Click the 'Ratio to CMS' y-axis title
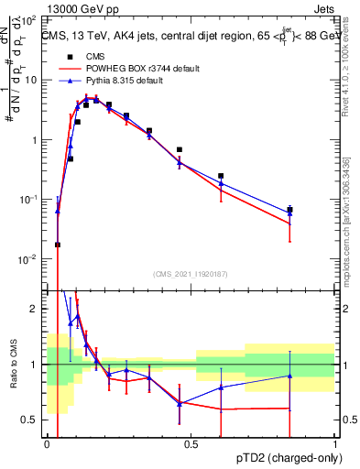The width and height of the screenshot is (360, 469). click(14, 365)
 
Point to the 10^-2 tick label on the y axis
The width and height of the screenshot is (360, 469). click(31, 259)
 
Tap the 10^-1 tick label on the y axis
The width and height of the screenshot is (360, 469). click(31, 200)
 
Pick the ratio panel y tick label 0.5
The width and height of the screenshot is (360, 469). click(33, 420)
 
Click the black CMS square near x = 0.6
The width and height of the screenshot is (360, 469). click(221, 176)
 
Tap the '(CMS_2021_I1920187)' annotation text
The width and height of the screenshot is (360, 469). click(191, 272)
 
